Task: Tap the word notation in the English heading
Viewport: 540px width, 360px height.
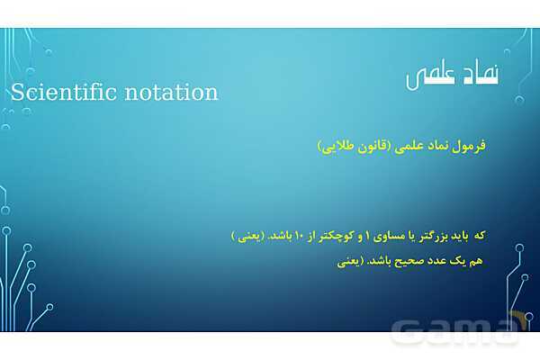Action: pyautogui.click(x=172, y=92)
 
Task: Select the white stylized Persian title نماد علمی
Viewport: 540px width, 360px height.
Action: pyautogui.click(x=454, y=76)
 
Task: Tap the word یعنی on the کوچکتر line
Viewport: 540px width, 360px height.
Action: pyautogui.click(x=247, y=236)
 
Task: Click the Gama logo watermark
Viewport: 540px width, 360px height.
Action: pyautogui.click(x=459, y=328)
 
